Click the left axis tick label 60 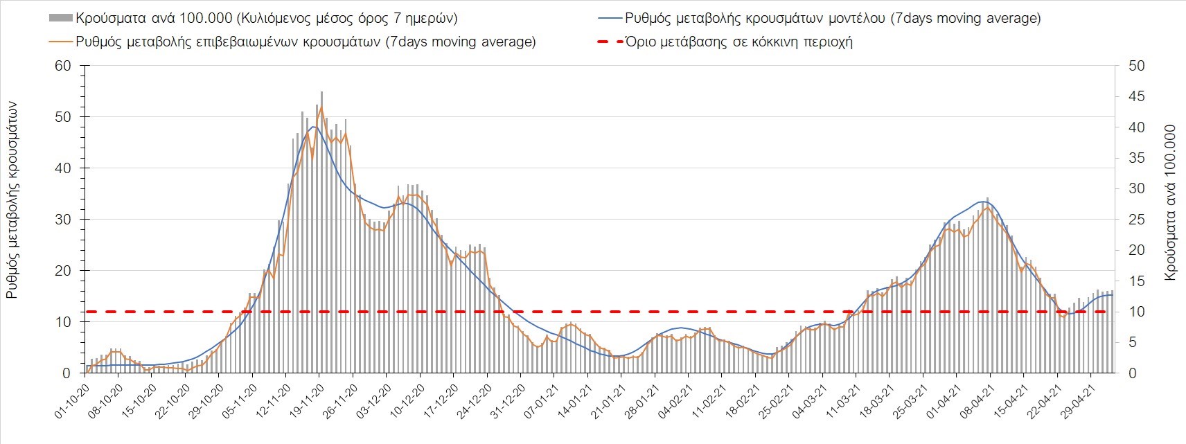tap(63, 66)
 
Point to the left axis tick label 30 tap(63, 220)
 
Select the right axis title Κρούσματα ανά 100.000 tap(1171, 202)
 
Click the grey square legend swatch tap(60, 18)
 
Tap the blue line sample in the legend tap(608, 18)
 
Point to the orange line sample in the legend tap(60, 42)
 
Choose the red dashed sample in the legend tap(608, 42)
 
